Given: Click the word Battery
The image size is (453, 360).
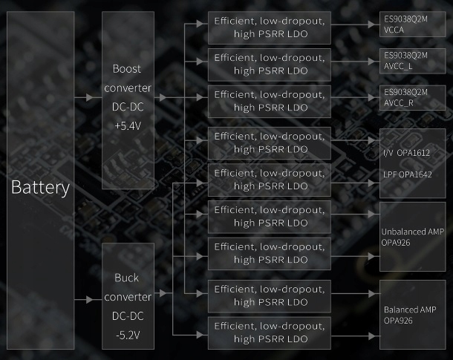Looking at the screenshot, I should [x=40, y=187].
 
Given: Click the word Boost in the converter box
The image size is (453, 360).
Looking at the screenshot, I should [x=128, y=68].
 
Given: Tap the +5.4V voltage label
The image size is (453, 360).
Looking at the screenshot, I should [x=128, y=125].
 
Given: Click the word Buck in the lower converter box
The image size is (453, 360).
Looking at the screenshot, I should [x=127, y=278].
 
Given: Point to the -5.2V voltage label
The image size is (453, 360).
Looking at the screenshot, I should [x=127, y=335].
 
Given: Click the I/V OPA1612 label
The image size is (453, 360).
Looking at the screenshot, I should [x=406, y=152].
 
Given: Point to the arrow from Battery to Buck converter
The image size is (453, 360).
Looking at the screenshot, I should [x=89, y=300].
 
